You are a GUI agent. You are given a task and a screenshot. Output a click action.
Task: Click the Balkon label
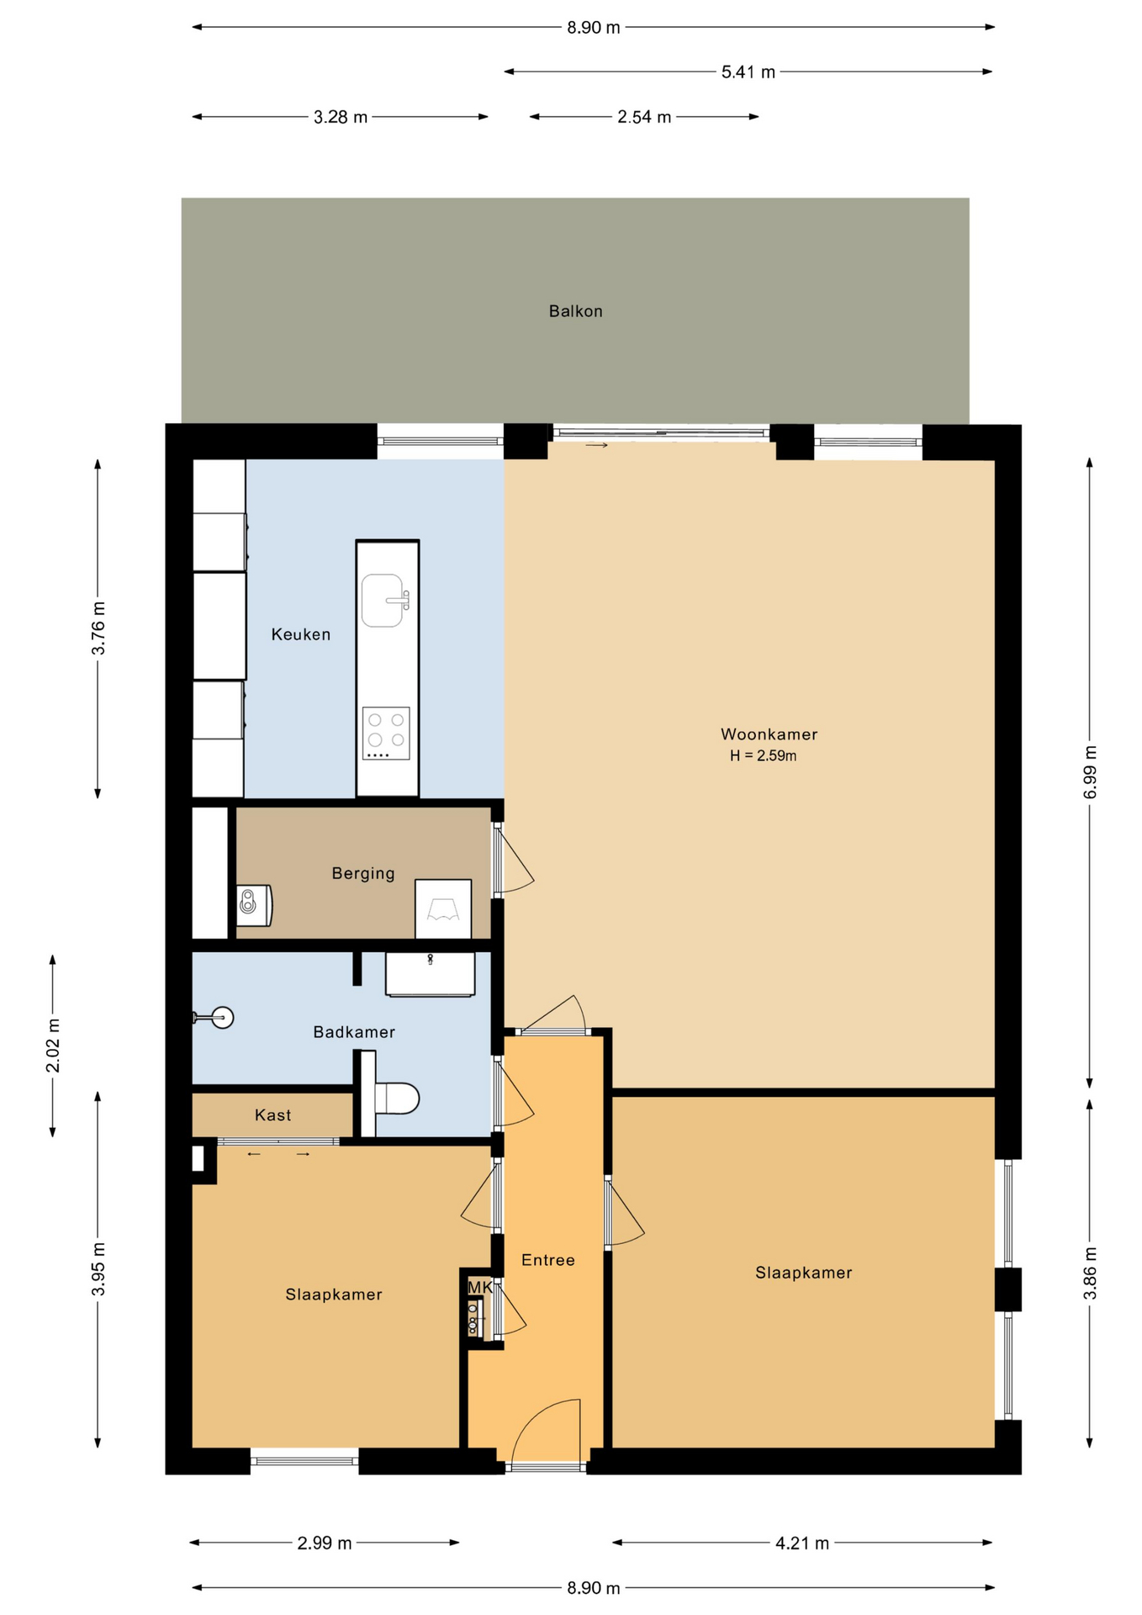point(575,311)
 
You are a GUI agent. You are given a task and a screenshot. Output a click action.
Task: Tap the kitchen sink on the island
point(383,601)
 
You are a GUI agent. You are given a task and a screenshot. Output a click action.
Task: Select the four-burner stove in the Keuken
point(386,733)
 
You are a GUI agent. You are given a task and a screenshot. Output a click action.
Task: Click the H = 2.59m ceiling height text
point(763,755)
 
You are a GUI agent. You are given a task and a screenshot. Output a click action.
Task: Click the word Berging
point(362,873)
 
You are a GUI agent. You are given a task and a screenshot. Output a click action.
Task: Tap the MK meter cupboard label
point(479,1287)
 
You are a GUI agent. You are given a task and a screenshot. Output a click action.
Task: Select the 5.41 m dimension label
point(748,72)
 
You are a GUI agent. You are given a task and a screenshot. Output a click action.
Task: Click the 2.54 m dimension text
point(644,117)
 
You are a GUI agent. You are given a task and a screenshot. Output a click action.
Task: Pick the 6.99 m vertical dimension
point(1090,771)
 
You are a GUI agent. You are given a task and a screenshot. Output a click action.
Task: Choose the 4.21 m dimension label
point(801,1543)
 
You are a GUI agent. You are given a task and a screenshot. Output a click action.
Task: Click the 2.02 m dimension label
point(53,1046)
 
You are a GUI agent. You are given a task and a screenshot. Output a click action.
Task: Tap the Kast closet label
point(272,1115)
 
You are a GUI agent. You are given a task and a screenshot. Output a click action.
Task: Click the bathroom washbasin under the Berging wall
point(430,973)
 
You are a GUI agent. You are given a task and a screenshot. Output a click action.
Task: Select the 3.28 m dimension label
point(341,117)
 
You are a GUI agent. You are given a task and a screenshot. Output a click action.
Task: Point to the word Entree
point(547,1260)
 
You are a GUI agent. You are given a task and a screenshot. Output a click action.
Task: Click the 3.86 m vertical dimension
point(1090,1272)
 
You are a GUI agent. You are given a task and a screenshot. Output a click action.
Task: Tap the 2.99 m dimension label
point(324,1543)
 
